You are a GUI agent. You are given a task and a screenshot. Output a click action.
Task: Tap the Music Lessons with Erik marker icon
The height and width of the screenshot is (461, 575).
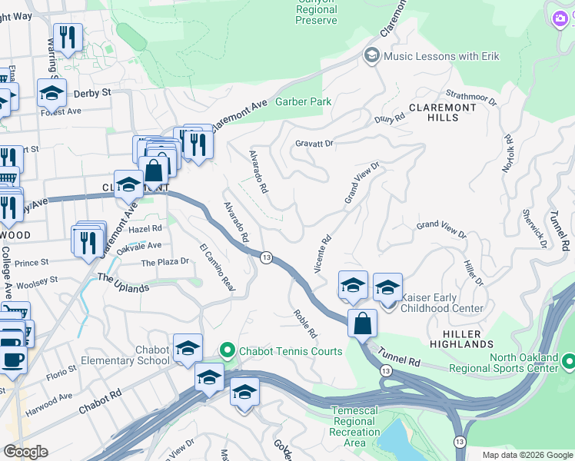click(372, 55)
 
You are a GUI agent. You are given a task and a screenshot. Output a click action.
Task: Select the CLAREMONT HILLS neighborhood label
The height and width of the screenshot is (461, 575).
click(442, 113)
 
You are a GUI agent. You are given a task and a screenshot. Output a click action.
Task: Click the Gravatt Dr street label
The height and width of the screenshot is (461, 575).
click(315, 144)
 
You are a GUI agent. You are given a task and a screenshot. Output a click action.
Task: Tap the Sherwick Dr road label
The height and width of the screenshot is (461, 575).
click(534, 229)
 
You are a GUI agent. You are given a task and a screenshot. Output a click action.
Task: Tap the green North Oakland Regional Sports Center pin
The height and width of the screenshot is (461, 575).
click(568, 360)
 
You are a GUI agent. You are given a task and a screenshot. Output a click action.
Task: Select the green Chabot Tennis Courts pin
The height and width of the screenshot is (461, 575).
click(227, 351)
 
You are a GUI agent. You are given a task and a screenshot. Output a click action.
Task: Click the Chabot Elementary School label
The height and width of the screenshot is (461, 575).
click(152, 355)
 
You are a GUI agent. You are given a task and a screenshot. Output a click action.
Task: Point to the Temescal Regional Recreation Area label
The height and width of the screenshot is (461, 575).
click(354, 426)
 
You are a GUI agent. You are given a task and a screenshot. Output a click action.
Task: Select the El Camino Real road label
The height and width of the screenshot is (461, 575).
click(216, 266)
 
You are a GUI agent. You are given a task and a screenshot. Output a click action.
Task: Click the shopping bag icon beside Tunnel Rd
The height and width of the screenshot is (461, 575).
click(362, 323)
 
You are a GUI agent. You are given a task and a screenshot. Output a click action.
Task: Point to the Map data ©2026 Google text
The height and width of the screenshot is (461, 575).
click(527, 455)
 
